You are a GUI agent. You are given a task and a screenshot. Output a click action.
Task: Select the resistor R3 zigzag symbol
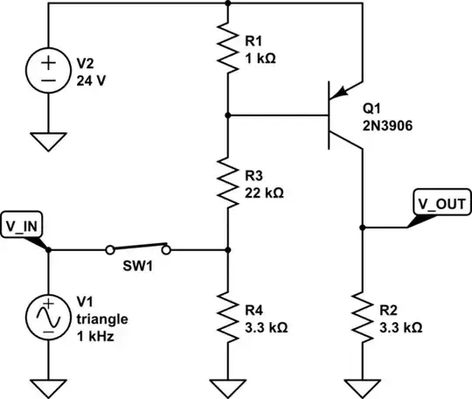coord(227,182)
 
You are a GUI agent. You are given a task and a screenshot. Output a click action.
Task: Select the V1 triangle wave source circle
coord(48,317)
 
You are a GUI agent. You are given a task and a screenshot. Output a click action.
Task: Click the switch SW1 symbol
coord(138,248)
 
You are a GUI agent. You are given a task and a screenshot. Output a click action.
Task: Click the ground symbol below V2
coord(48,140)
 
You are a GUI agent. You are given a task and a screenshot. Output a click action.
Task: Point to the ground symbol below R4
coord(227,385)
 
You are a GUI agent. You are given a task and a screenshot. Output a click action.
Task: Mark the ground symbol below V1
coord(48,385)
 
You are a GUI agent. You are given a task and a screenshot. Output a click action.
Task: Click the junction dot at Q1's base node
coord(227,115)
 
